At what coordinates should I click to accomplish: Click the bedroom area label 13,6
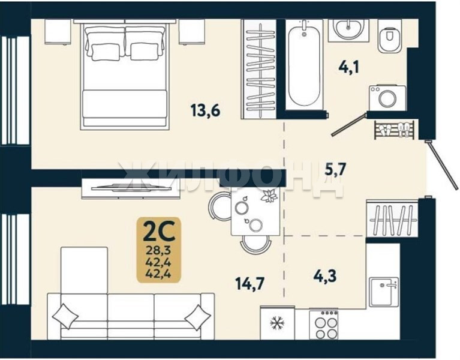pyautogui.click(x=205, y=111)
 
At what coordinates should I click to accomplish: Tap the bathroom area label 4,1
pyautogui.click(x=349, y=67)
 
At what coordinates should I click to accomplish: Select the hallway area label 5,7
pyautogui.click(x=336, y=169)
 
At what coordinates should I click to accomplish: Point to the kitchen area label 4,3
pyautogui.click(x=325, y=276)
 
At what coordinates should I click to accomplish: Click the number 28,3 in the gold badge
pyautogui.click(x=159, y=251)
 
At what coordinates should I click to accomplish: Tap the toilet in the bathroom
pyautogui.click(x=389, y=36)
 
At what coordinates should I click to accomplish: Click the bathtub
pyautogui.click(x=304, y=65)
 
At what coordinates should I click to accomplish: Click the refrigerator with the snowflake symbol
pyautogui.click(x=277, y=323)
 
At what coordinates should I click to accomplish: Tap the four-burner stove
pyautogui.click(x=324, y=325)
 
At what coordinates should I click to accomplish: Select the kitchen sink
pyautogui.click(x=384, y=292)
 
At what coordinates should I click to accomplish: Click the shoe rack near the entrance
pyautogui.click(x=394, y=130)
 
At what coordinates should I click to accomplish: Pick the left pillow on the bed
pyautogui.click(x=106, y=52)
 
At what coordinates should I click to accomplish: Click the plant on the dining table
pyautogui.click(x=269, y=196)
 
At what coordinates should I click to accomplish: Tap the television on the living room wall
pyautogui.click(x=131, y=187)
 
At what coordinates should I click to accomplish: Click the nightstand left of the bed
pyautogui.click(x=58, y=32)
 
